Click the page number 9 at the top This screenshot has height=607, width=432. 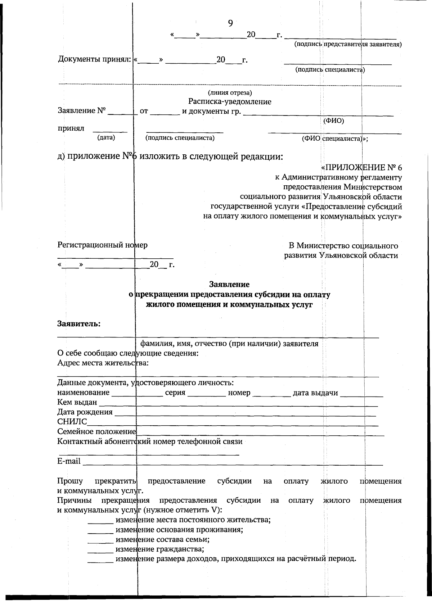click(x=230, y=23)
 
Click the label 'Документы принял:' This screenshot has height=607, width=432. click(x=95, y=59)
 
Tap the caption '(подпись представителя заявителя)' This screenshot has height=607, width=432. click(x=348, y=44)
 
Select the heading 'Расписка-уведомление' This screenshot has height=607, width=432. click(x=230, y=102)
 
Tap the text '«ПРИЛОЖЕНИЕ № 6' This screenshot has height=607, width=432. click(x=361, y=168)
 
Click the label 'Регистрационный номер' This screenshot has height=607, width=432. click(x=102, y=245)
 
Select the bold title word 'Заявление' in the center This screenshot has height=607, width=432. click(x=229, y=285)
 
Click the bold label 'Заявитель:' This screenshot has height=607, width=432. click(x=79, y=323)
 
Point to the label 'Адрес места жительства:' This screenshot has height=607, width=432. click(x=103, y=363)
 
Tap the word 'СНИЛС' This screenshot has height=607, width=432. click(x=72, y=422)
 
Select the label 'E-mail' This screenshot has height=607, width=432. click(x=69, y=461)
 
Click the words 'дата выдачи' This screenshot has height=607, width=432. click(x=315, y=393)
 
